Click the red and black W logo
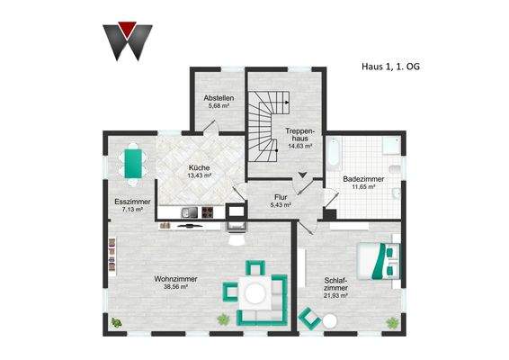(127, 39)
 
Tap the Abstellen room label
(219, 97)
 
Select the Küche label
(199, 167)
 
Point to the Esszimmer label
(133, 202)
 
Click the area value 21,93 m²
(335, 294)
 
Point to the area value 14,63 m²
(299, 141)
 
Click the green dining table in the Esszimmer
(136, 163)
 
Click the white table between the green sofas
(256, 292)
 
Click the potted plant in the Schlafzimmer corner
(391, 321)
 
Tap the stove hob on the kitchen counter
(206, 213)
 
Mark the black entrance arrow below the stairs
(303, 175)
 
